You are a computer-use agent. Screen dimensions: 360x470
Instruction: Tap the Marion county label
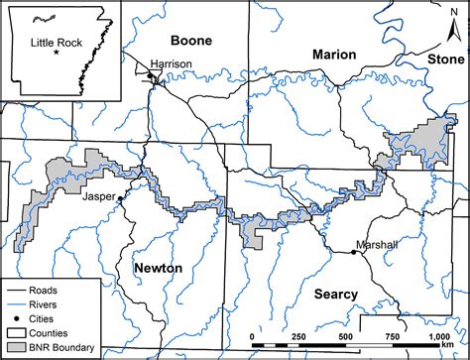[333, 55]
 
